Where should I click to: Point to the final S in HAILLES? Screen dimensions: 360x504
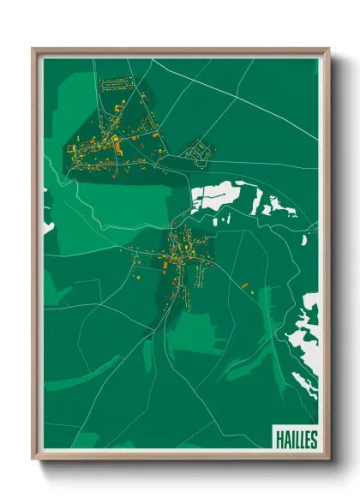point(314,440)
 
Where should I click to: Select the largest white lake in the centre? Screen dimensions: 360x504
point(215,196)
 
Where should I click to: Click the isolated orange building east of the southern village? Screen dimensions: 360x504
point(244,284)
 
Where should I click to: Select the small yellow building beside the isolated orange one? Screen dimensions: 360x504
point(255,291)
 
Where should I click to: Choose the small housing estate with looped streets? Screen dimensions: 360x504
point(200,151)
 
